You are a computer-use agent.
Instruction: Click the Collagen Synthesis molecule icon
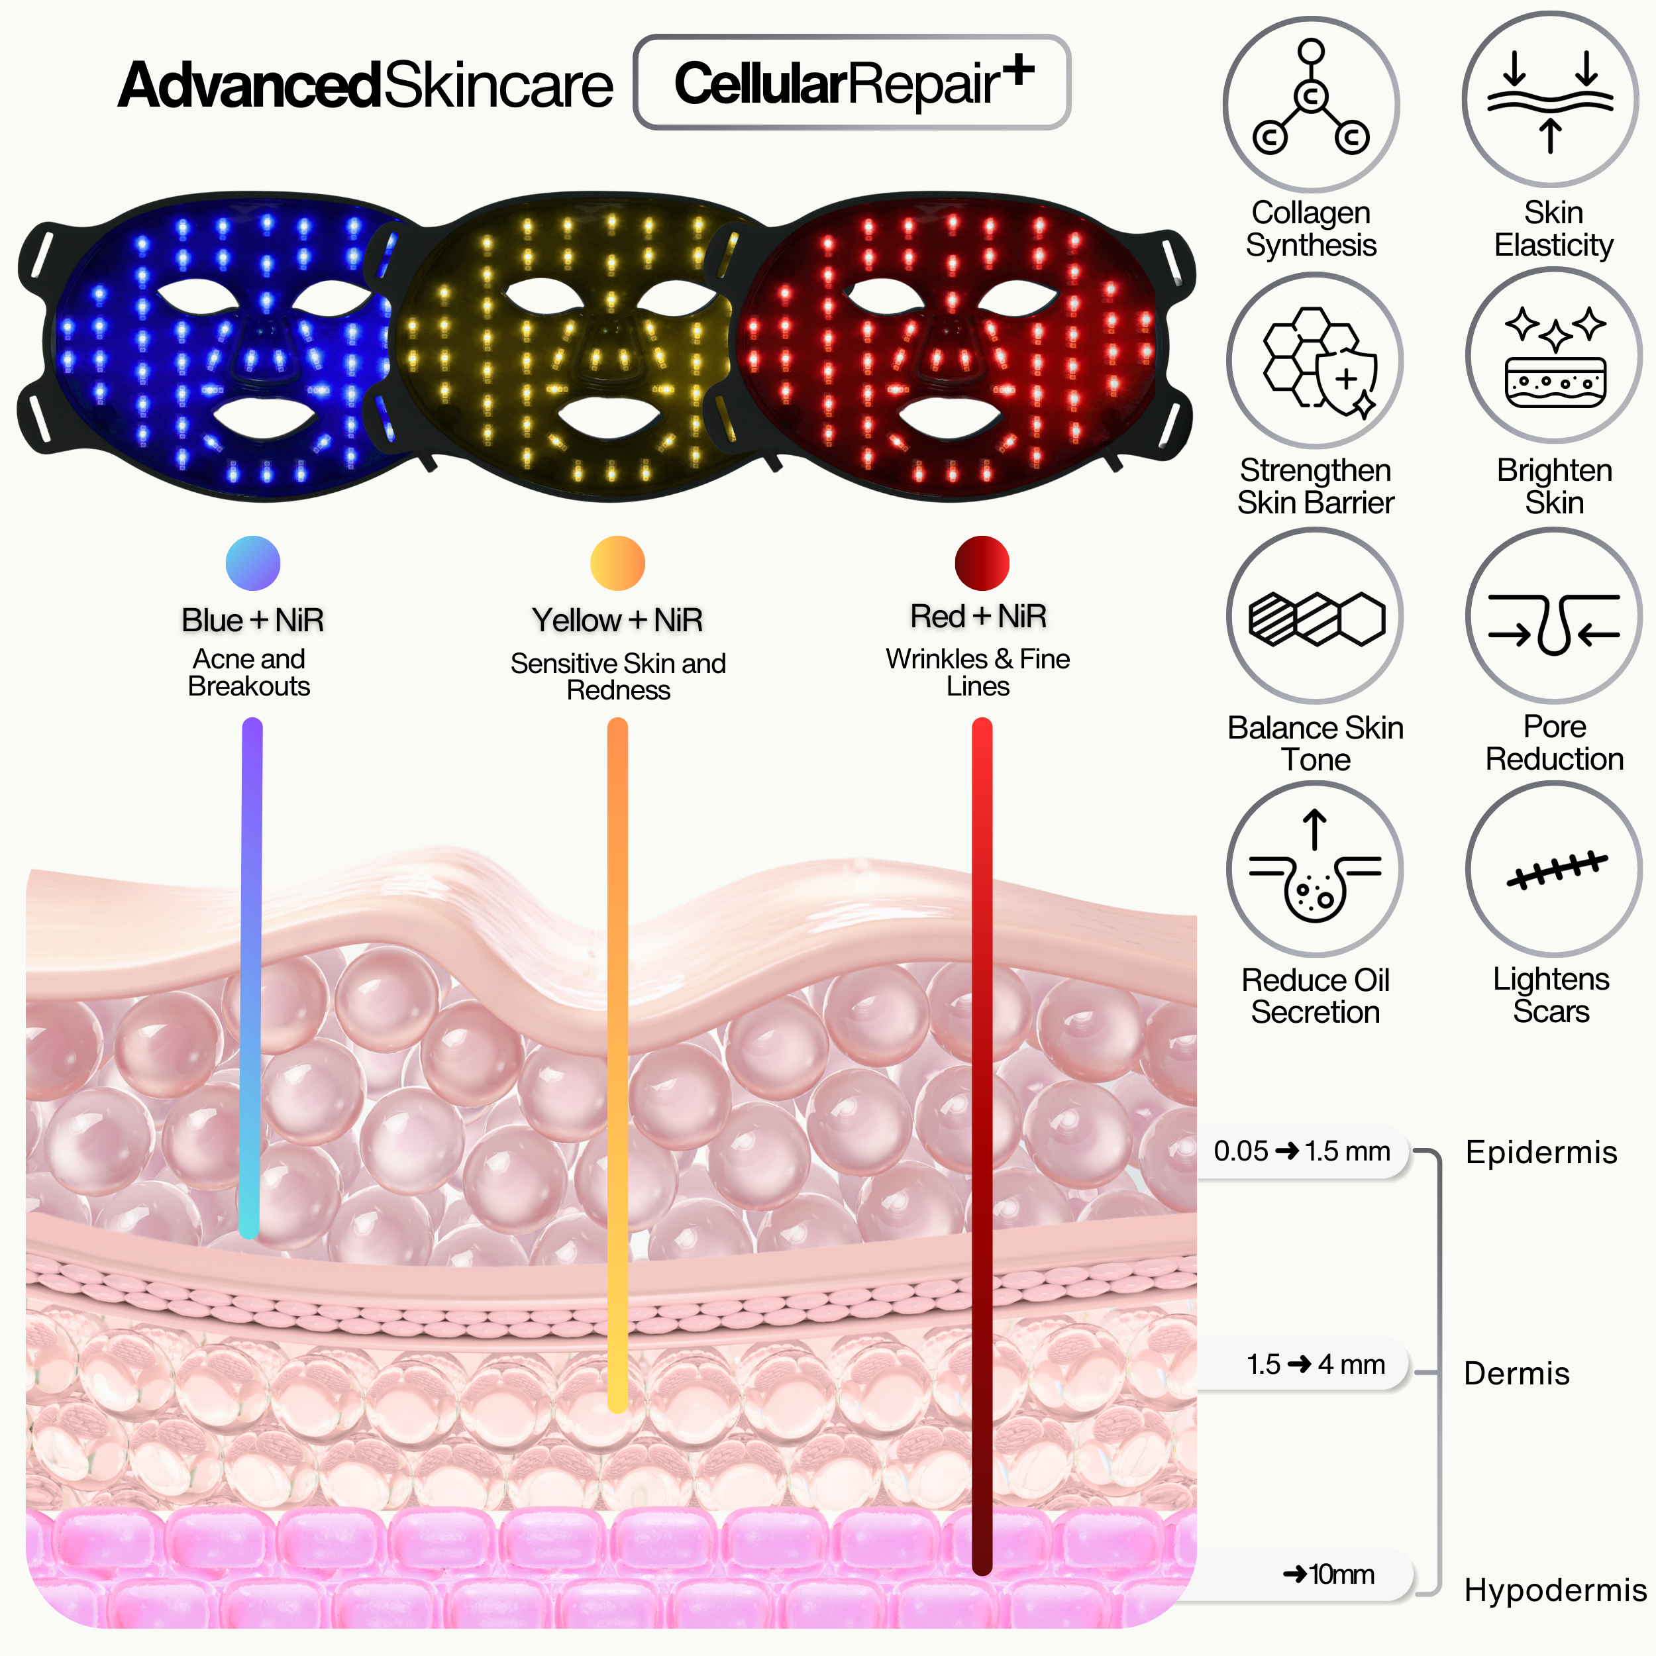click(1311, 103)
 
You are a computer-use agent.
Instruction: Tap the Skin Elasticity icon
click(1550, 99)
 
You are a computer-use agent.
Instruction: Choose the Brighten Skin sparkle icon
click(1553, 356)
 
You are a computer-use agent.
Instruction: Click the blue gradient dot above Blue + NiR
click(253, 563)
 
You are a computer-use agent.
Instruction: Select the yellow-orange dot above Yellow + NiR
click(617, 563)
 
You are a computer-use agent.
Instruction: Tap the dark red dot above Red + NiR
click(982, 563)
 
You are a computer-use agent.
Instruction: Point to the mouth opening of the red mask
click(951, 418)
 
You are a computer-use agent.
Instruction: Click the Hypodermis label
click(1555, 1590)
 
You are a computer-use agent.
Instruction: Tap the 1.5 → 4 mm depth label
click(1315, 1364)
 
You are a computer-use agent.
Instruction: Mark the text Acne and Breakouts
click(248, 672)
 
